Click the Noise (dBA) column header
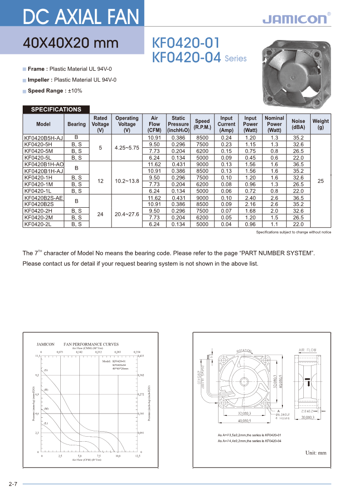coord(298,124)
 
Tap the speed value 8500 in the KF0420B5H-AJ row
coord(202,138)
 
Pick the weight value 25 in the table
coord(321,181)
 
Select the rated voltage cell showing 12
coord(100,181)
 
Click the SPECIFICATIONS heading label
coord(56,109)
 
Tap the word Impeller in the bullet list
coord(39,80)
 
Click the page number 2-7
coord(13,484)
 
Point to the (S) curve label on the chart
coord(46,370)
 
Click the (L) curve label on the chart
coord(46,423)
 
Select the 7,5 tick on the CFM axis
coord(98,456)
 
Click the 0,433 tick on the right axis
coord(141,356)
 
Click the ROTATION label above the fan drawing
coord(244,351)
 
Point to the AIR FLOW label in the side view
coord(307,350)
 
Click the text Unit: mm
coord(316,453)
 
